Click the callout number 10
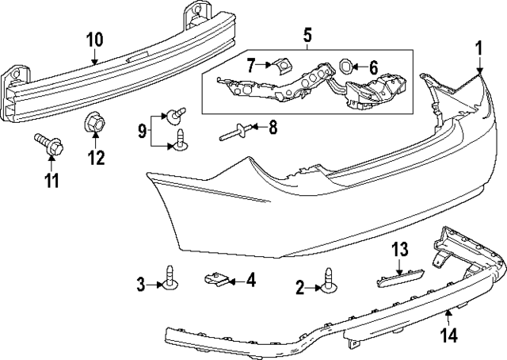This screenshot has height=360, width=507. [95, 40]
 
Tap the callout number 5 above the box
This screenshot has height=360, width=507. [307, 35]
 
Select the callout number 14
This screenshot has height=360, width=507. [450, 335]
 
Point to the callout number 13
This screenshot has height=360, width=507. [399, 249]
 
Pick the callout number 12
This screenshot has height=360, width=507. [97, 158]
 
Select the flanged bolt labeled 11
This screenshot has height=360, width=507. [49, 144]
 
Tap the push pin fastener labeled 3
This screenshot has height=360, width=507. [170, 278]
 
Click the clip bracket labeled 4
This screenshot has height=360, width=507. [216, 279]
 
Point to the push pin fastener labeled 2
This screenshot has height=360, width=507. [330, 281]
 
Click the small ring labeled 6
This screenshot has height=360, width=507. [345, 67]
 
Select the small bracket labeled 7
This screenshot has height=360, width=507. [283, 66]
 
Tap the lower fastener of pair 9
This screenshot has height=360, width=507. [181, 141]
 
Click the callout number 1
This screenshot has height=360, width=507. [478, 49]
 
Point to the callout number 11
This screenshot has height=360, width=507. [51, 180]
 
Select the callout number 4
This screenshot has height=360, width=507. [251, 281]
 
